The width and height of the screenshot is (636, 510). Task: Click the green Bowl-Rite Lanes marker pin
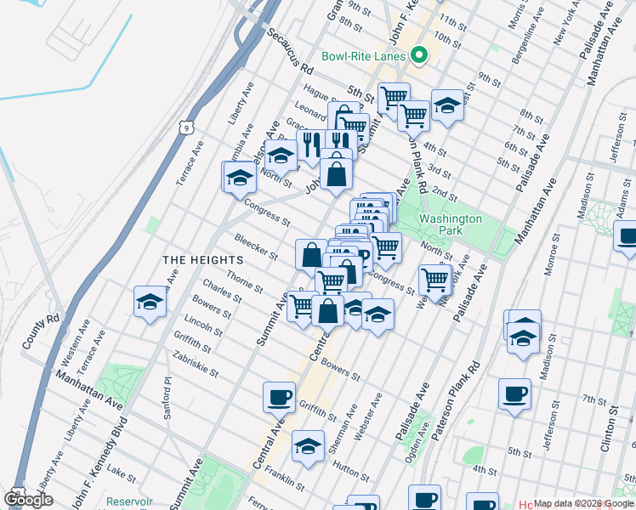[x=418, y=57]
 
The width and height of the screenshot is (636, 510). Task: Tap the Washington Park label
[x=451, y=224]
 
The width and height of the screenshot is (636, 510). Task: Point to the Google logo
[x=29, y=499]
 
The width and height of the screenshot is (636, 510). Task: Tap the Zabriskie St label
[x=196, y=365]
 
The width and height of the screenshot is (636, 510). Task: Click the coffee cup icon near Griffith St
[x=279, y=396]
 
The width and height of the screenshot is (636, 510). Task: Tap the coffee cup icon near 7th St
[x=514, y=394]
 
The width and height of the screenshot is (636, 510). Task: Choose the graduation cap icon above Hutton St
[x=308, y=445]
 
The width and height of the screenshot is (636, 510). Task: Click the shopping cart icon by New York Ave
[x=434, y=279]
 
